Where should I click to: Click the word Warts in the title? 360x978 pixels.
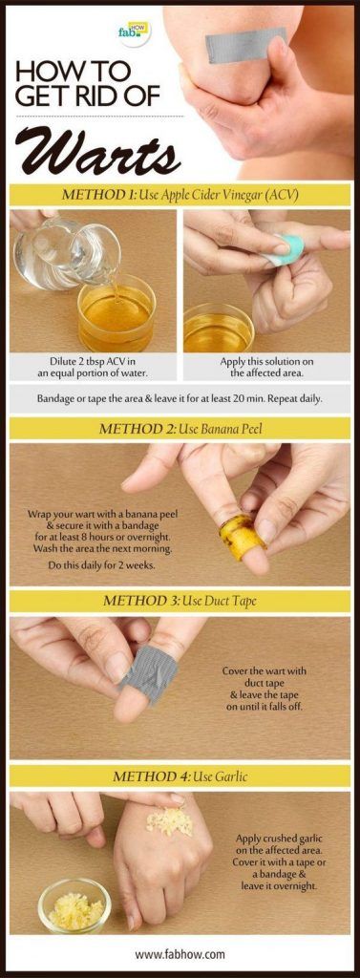pyautogui.click(x=97, y=152)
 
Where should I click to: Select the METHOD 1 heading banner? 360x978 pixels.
pyautogui.click(x=180, y=195)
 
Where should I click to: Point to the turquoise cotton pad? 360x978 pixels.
pyautogui.click(x=287, y=250)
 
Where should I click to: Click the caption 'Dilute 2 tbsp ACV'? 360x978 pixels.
pyautogui.click(x=93, y=362)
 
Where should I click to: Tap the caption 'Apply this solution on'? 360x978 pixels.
pyautogui.click(x=266, y=362)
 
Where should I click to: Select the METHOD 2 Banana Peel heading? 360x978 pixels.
pyautogui.click(x=180, y=429)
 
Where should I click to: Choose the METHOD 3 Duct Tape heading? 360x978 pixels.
pyautogui.click(x=180, y=602)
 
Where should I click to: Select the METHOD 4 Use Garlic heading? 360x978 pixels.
pyautogui.click(x=180, y=777)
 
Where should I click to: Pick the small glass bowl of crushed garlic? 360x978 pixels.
pyautogui.click(x=74, y=905)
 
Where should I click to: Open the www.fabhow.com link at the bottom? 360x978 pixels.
pyautogui.click(x=180, y=954)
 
